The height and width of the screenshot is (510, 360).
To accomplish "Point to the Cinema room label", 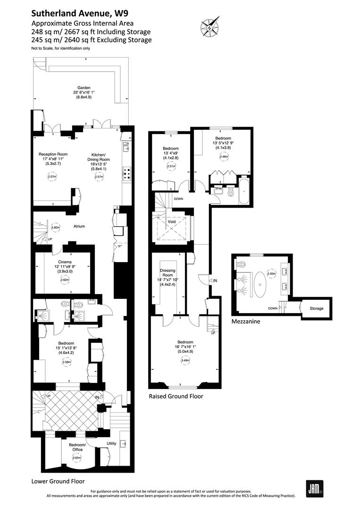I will point(65,262).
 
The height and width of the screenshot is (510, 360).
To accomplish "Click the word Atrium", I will point(79,226).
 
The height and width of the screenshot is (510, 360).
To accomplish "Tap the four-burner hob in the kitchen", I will point(126,173).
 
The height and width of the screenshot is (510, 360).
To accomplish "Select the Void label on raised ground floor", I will point(172,221).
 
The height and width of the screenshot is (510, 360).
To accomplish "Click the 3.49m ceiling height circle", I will point(184,361).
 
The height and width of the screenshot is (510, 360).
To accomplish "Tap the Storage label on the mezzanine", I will point(316,308).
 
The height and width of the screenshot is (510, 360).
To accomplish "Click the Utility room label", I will point(111,443).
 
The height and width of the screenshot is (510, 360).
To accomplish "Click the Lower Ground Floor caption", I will point(58,481).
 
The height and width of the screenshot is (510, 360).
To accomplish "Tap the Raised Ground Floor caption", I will point(176,396).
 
